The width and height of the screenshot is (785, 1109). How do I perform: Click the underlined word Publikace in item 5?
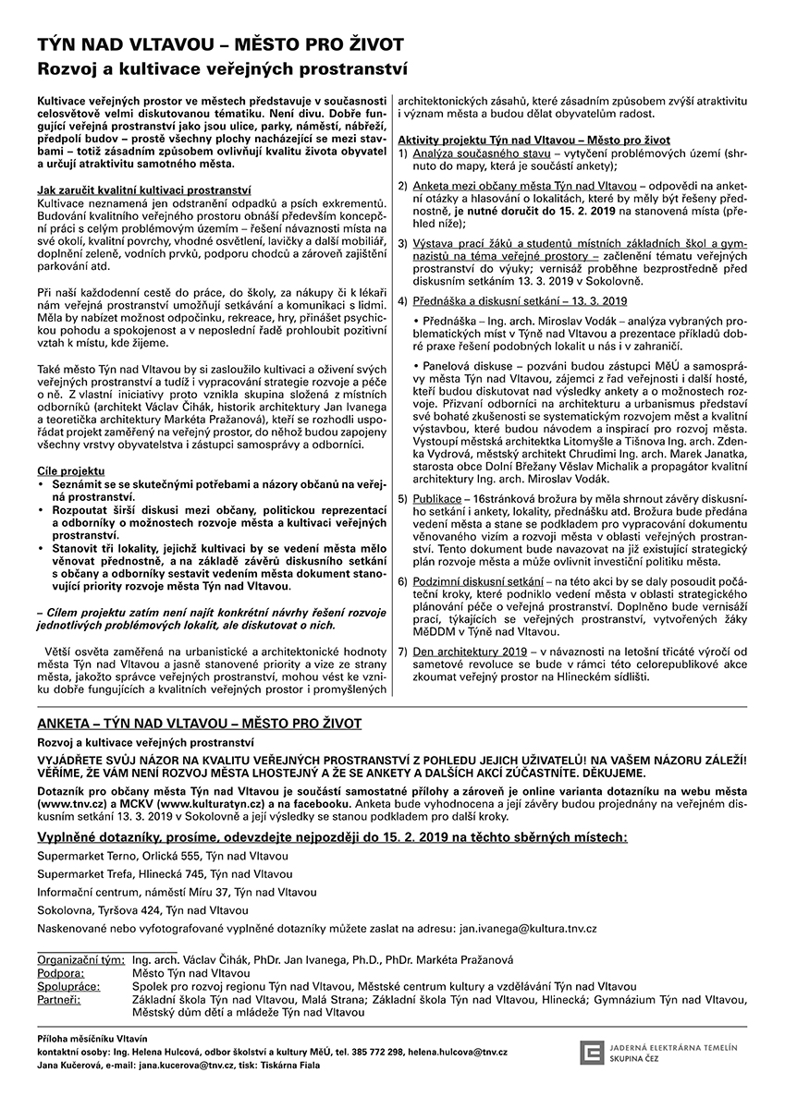pyautogui.click(x=438, y=498)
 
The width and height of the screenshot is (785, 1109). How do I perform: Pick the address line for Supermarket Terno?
pyautogui.click(x=163, y=856)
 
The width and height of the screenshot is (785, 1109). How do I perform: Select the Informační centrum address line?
pyautogui.click(x=177, y=892)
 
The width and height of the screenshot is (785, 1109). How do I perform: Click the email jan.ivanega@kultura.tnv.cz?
pyautogui.click(x=528, y=928)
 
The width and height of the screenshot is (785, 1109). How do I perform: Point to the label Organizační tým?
pyautogui.click(x=80, y=960)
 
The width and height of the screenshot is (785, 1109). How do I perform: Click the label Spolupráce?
pyautogui.click(x=66, y=986)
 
